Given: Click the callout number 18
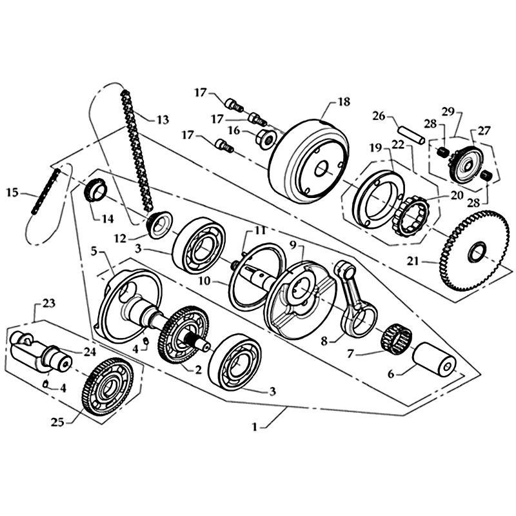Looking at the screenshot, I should (x=343, y=101).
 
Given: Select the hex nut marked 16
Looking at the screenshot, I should (x=266, y=137).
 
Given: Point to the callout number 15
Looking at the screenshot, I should (x=12, y=192).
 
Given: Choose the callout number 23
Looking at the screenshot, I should (x=49, y=303).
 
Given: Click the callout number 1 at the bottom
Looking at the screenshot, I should (x=257, y=426).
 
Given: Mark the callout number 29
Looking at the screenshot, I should (x=448, y=111).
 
